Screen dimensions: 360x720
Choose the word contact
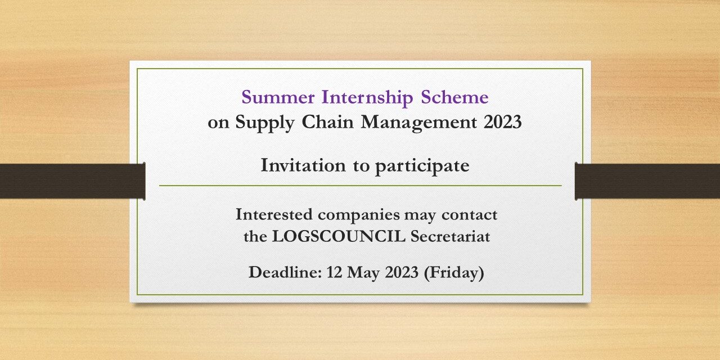click(470, 214)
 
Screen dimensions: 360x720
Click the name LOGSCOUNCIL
click(339, 237)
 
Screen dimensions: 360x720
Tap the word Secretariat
click(450, 237)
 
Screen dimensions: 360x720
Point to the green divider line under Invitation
click(360, 185)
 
